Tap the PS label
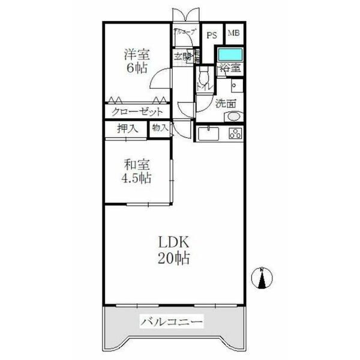click(211, 35)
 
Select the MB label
click(232, 34)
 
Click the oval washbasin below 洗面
click(232, 116)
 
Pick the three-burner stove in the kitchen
click(235, 134)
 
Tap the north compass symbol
click(262, 278)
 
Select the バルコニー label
click(172, 322)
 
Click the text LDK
click(174, 243)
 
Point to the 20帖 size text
click(175, 259)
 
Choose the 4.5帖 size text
click(137, 179)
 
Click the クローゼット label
click(137, 112)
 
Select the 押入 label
click(127, 128)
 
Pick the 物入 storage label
click(160, 128)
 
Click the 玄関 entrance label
click(182, 58)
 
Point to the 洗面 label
click(226, 103)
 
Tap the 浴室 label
click(230, 68)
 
